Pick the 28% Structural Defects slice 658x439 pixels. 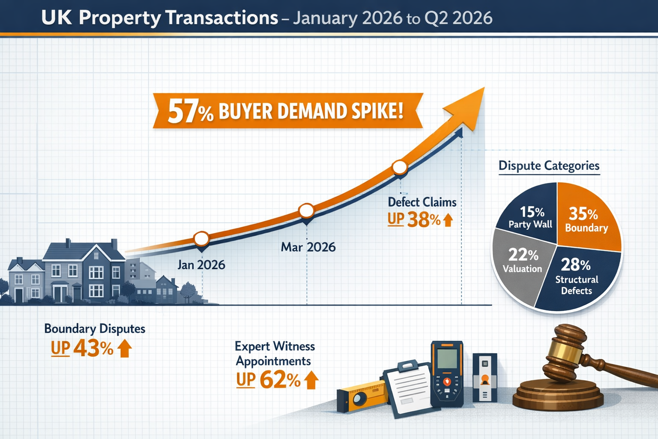click(x=576, y=277)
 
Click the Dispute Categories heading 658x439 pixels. click(x=549, y=166)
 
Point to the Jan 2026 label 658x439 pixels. click(x=201, y=265)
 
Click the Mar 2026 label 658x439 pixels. click(x=308, y=247)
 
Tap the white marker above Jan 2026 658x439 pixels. click(x=202, y=238)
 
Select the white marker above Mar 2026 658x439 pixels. click(x=306, y=210)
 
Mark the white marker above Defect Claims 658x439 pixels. click(x=400, y=167)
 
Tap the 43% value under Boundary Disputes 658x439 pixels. click(x=93, y=349)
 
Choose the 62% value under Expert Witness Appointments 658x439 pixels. click(x=280, y=380)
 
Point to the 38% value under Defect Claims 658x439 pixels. click(x=424, y=220)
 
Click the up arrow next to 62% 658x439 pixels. click(x=311, y=380)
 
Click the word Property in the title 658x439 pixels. click(x=119, y=18)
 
